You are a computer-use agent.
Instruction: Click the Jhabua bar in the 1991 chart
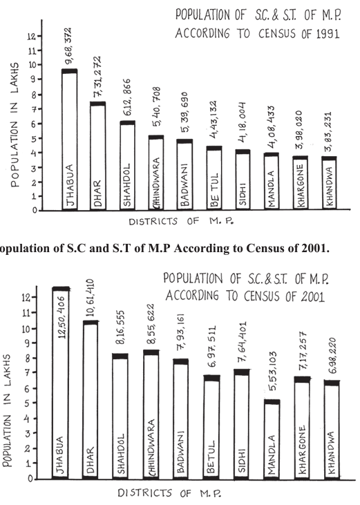pyautogui.click(x=70, y=140)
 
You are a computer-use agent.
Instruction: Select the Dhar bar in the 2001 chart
pyautogui.click(x=91, y=400)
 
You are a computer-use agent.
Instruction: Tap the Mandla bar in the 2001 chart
pyautogui.click(x=272, y=439)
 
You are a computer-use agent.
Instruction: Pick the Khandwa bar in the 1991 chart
pyautogui.click(x=329, y=183)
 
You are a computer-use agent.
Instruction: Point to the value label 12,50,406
pyautogui.click(x=61, y=317)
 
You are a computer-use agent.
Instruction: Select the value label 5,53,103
pyautogui.click(x=273, y=371)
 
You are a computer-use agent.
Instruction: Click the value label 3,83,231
pyautogui.click(x=328, y=132)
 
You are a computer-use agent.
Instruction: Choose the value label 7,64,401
pyautogui.click(x=242, y=342)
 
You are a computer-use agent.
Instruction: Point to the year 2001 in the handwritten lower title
pyautogui.click(x=312, y=296)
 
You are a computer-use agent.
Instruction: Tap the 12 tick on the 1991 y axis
pyautogui.click(x=31, y=36)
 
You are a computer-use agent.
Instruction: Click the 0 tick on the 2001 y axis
pyautogui.click(x=30, y=479)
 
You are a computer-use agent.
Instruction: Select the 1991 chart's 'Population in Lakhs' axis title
pyautogui.click(x=15, y=124)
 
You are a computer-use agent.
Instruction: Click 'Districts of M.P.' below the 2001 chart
pyautogui.click(x=169, y=493)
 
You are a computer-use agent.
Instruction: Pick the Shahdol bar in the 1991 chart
pyautogui.click(x=128, y=166)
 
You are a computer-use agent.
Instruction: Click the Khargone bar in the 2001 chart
pyautogui.click(x=302, y=428)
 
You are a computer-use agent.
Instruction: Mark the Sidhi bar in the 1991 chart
pyautogui.click(x=243, y=180)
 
